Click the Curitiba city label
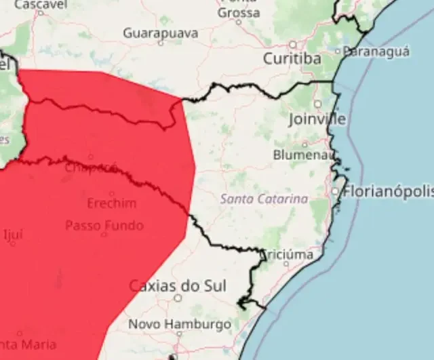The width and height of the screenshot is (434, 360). [x=292, y=59]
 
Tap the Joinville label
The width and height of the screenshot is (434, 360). [x=317, y=119]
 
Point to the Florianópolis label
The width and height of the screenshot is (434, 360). [x=388, y=191]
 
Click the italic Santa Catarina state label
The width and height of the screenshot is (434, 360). [x=264, y=199]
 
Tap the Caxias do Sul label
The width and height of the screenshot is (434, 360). [x=177, y=285]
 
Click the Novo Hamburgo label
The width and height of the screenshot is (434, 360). [x=180, y=324]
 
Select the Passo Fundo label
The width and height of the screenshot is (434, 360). [x=104, y=225]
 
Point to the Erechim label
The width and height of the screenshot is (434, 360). [x=112, y=203]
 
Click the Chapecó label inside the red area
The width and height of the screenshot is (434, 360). [x=91, y=167]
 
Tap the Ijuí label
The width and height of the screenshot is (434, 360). [x=13, y=235]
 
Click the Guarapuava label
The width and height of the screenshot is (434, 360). [x=161, y=33]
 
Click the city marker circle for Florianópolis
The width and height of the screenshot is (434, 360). [x=335, y=192]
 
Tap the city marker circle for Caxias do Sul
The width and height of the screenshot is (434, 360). [x=178, y=297]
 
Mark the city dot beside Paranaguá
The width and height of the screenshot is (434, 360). [x=339, y=51]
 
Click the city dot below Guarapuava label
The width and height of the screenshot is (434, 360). [x=161, y=43]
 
